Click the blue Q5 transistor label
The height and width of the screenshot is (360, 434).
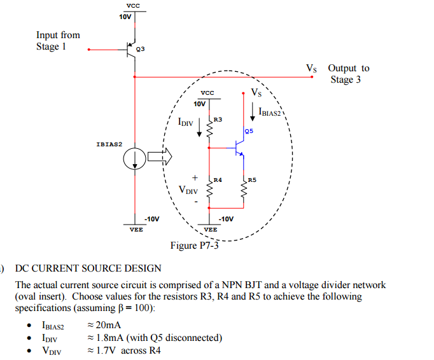pyautogui.click(x=248, y=130)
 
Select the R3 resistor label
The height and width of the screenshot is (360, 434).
pyautogui.click(x=218, y=120)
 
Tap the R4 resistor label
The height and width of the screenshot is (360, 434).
pyautogui.click(x=218, y=180)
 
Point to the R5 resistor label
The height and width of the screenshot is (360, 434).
pyautogui.click(x=253, y=180)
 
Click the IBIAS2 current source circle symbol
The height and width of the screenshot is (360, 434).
pyautogui.click(x=134, y=160)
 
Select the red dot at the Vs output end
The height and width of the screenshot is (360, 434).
pyautogui.click(x=312, y=78)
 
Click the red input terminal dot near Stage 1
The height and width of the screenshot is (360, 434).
pyautogui.click(x=89, y=49)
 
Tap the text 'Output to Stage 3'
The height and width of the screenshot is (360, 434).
pyautogui.click(x=348, y=74)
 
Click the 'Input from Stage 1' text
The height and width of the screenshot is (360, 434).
pyautogui.click(x=58, y=41)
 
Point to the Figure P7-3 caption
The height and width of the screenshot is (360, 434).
pyautogui.click(x=194, y=246)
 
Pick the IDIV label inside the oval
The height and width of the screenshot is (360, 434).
pyautogui.click(x=185, y=120)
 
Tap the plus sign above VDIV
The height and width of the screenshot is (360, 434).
pyautogui.click(x=195, y=177)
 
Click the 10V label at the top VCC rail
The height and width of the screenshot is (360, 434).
pyautogui.click(x=125, y=17)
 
